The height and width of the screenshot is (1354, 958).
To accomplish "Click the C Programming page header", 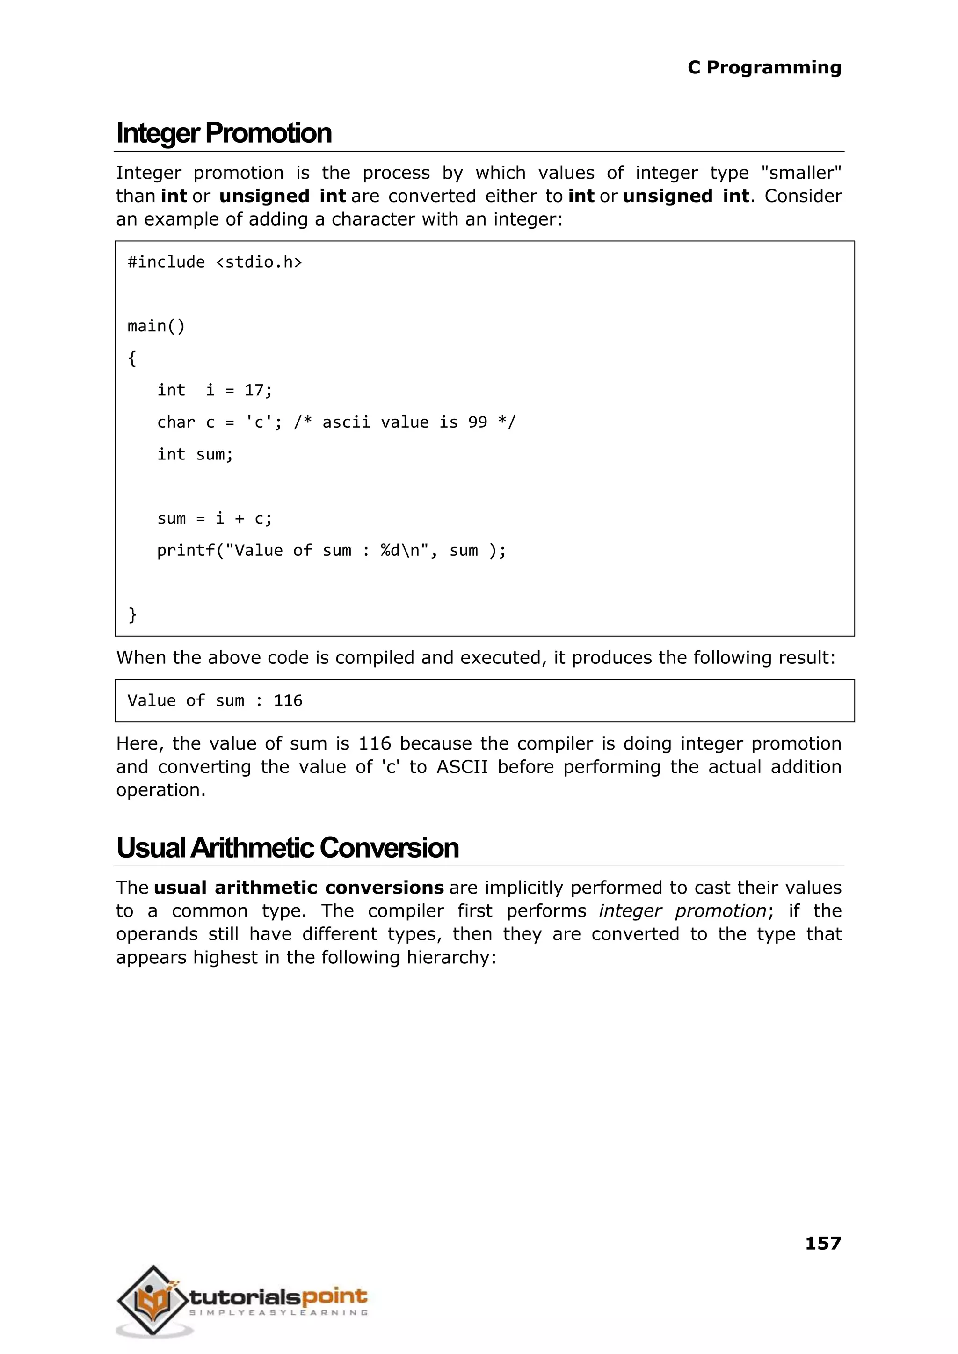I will click(x=764, y=67).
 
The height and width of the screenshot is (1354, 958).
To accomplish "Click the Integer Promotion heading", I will click(x=224, y=133).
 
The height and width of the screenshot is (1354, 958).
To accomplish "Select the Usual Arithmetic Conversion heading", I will click(x=287, y=848).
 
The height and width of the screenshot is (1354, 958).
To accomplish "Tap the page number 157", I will click(x=823, y=1243).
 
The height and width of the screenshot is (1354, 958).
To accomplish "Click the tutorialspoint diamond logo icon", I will click(x=153, y=1299).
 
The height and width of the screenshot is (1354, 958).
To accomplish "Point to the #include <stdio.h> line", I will click(x=215, y=262).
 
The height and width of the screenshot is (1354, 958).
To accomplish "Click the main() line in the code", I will click(x=156, y=326).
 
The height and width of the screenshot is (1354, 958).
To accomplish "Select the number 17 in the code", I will click(x=255, y=390).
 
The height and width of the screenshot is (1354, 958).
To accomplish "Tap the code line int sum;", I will click(x=195, y=454).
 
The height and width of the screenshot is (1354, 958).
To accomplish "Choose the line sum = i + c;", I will click(x=215, y=518).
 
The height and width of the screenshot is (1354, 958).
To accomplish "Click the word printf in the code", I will click(x=186, y=551).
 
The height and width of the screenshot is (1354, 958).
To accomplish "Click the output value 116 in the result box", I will click(x=288, y=700).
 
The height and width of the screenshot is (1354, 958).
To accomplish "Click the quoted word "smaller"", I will click(x=801, y=173).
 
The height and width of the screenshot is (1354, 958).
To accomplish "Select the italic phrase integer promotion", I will click(x=682, y=910).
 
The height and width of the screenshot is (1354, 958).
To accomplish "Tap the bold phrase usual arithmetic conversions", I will click(x=298, y=888).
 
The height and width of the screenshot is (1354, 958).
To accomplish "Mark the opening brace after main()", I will click(x=132, y=358).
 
